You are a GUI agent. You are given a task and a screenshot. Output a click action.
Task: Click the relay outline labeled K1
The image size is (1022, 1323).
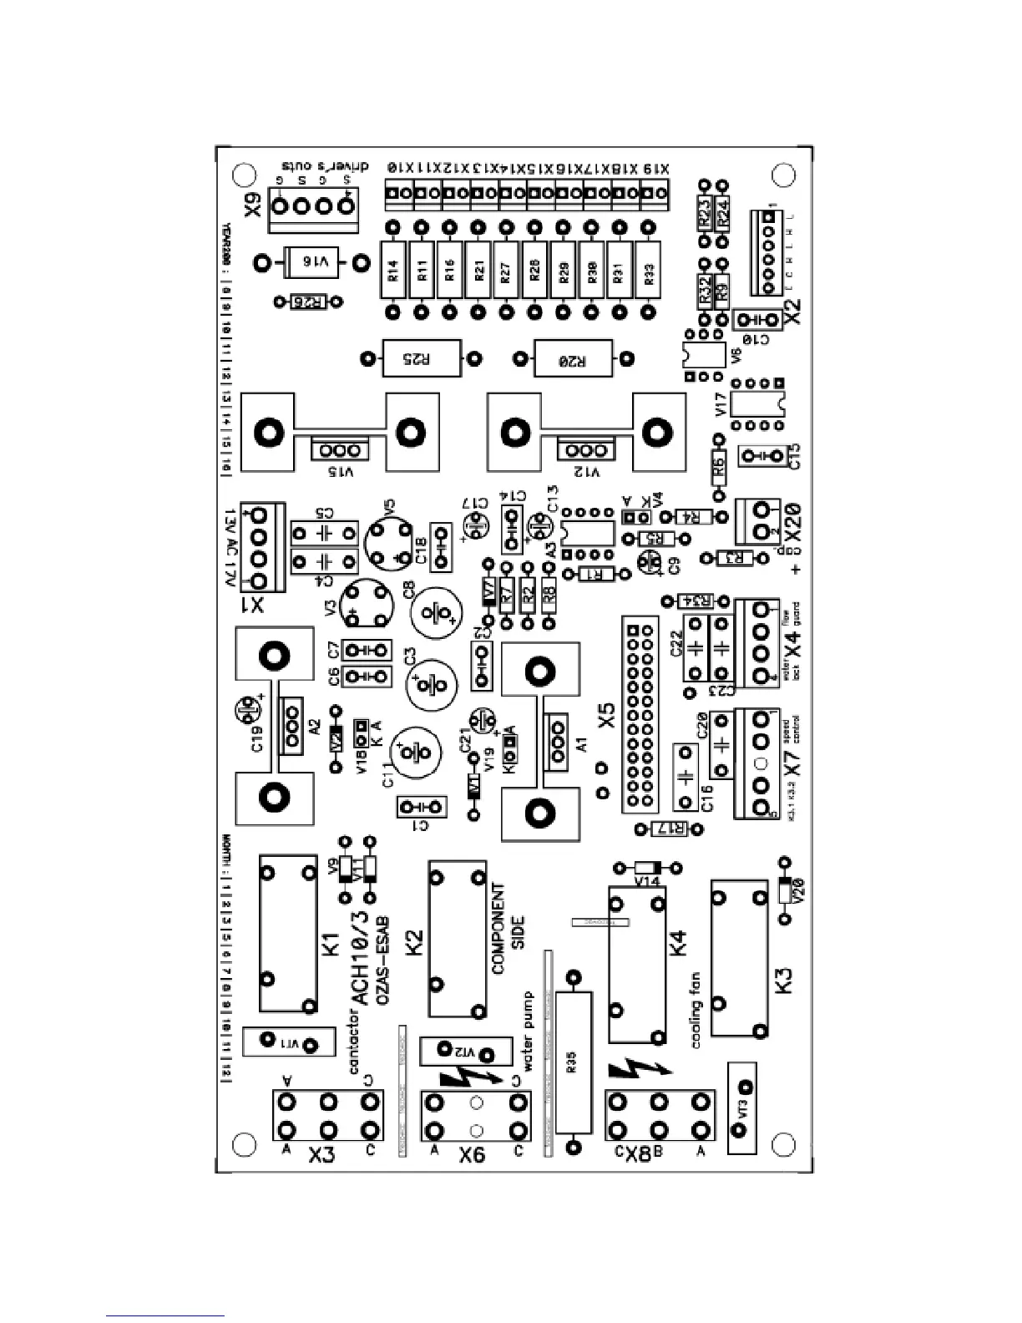[288, 933]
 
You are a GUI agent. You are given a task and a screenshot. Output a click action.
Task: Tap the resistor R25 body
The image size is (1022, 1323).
[420, 359]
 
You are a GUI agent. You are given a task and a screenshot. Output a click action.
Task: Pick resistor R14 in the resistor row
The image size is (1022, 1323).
[393, 270]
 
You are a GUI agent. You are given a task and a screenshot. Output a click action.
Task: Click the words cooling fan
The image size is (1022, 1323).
[696, 1011]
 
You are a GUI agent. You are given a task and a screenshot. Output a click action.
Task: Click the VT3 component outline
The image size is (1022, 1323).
[742, 1108]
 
